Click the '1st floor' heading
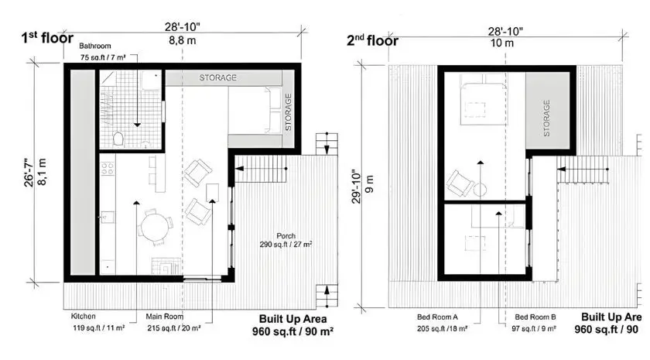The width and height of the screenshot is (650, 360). (47, 37)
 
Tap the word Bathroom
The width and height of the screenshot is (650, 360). (94, 46)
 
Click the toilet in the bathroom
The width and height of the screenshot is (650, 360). (118, 139)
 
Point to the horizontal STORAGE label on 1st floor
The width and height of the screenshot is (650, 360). (218, 78)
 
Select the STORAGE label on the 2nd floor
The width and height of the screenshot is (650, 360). (546, 118)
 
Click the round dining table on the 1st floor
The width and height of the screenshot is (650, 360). (155, 227)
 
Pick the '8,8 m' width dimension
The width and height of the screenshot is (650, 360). (182, 43)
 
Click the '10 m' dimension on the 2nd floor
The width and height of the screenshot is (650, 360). (505, 43)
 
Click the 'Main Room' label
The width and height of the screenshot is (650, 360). (164, 317)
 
